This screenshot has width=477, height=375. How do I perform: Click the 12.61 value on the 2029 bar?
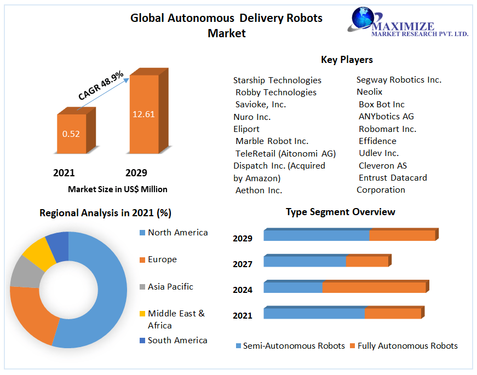pyautogui.click(x=143, y=114)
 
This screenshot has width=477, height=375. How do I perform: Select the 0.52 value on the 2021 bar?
pyautogui.click(x=71, y=134)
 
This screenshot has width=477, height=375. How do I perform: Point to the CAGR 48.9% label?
pyautogui.click(x=101, y=85)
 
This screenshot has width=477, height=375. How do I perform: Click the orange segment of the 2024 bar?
pyautogui.click(x=373, y=287)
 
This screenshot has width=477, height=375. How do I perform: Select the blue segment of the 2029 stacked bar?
pyautogui.click(x=316, y=235)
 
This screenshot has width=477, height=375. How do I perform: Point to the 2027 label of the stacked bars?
pyautogui.click(x=243, y=264)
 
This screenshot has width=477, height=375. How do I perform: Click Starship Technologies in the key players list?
pyautogui.click(x=277, y=80)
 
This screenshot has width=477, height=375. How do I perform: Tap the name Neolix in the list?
pyautogui.click(x=369, y=92)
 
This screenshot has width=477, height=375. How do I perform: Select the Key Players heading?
pyautogui.click(x=347, y=60)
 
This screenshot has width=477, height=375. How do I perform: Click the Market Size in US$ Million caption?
pyautogui.click(x=117, y=189)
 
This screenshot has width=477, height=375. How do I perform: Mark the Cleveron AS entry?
pyautogui.click(x=382, y=165)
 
